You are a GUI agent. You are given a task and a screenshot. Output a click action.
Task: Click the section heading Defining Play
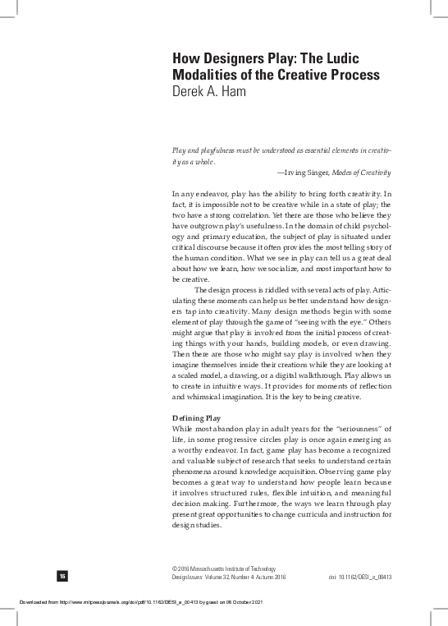pyautogui.click(x=196, y=418)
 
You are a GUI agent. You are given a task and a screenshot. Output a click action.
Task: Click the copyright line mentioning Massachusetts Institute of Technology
pyautogui.click(x=223, y=569)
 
